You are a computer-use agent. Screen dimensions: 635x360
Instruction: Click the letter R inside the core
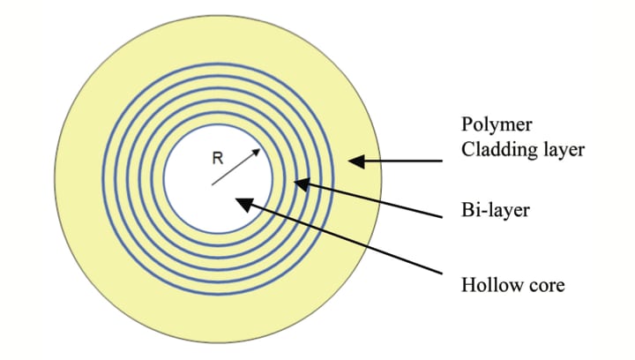(217, 160)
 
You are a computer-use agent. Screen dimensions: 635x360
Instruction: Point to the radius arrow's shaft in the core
(236, 167)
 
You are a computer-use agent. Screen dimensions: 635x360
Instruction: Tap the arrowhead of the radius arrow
(258, 151)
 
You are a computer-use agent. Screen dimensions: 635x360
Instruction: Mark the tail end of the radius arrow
(212, 184)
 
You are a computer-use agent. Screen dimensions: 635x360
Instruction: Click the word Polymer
(491, 122)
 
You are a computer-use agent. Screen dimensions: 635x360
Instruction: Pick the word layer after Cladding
(562, 149)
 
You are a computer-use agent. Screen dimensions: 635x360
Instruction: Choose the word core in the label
(543, 286)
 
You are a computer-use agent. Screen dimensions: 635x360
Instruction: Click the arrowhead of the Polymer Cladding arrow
(355, 161)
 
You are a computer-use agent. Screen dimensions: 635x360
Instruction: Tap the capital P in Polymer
(467, 122)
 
